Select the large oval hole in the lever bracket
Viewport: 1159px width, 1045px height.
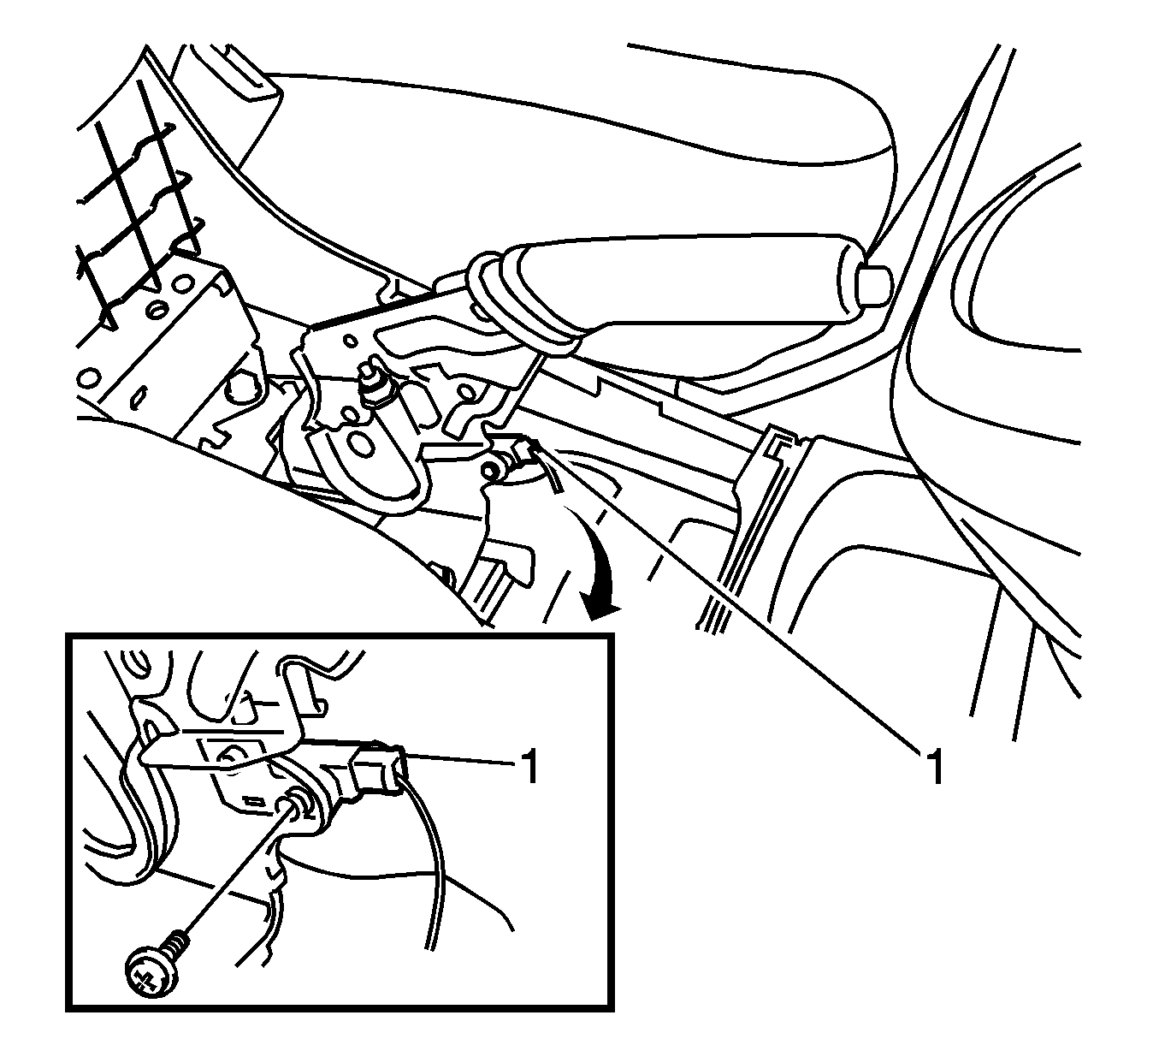[x=363, y=443]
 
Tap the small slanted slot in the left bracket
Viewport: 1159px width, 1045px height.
[x=138, y=399]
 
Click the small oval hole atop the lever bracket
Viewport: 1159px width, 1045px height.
[x=351, y=341]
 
